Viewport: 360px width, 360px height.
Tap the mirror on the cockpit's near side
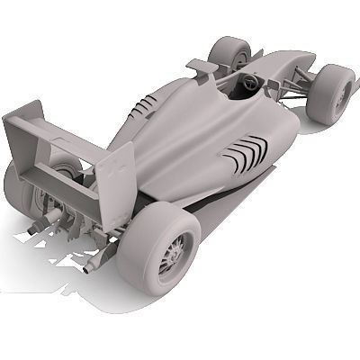[271, 88]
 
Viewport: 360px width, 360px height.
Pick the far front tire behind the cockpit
[229, 53]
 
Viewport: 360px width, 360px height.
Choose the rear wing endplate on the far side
[23, 126]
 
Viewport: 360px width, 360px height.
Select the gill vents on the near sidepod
[246, 154]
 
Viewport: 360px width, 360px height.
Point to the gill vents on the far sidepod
[141, 109]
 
